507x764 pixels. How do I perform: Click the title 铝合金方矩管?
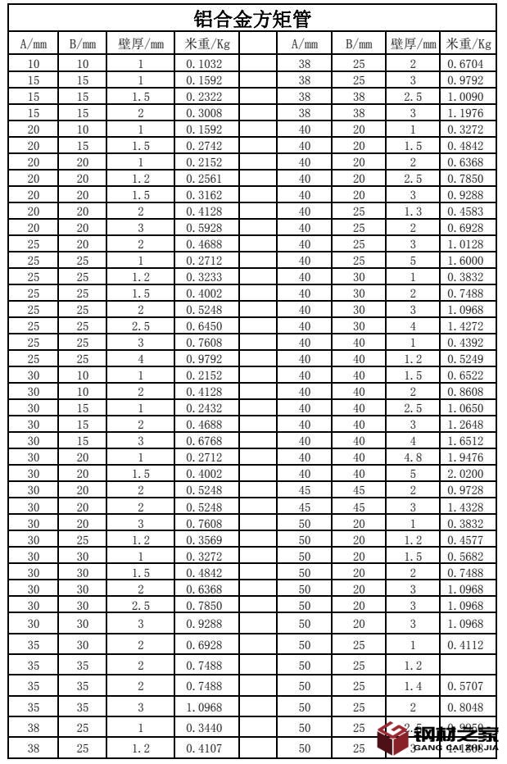(x=251, y=18)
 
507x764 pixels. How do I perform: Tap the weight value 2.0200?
(x=469, y=473)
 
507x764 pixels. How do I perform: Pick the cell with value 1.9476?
(x=469, y=457)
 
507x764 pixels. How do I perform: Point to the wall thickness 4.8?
(x=413, y=457)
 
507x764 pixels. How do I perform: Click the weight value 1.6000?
(x=469, y=261)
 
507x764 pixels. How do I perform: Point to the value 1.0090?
(x=469, y=96)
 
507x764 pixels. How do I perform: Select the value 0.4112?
(x=469, y=644)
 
